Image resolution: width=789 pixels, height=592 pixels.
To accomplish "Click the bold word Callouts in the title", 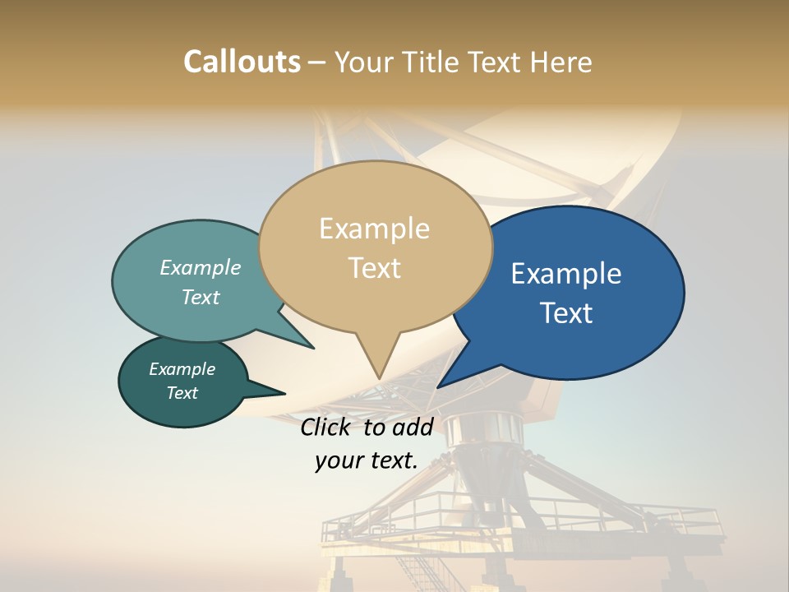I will click(242, 62).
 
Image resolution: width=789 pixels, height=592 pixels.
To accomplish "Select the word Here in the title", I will click(561, 62).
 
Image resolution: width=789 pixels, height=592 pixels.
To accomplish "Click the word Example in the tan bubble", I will click(374, 229).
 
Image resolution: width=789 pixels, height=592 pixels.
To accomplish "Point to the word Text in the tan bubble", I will click(374, 268).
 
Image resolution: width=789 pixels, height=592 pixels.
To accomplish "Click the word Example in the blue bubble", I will click(566, 274).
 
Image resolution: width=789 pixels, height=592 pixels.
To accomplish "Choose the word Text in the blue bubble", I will click(566, 313).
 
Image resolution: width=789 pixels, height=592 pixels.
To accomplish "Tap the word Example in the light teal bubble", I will click(201, 268).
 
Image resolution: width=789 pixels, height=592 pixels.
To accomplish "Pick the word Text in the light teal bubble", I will click(201, 297).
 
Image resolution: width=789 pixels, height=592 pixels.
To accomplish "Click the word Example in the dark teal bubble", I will click(182, 369).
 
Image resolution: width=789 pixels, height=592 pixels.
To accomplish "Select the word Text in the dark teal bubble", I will click(182, 393).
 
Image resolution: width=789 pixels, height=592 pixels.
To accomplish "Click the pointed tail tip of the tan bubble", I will click(379, 379).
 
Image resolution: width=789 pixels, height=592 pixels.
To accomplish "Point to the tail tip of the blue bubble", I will click(437, 387).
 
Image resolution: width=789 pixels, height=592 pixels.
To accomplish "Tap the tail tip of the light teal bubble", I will click(314, 349).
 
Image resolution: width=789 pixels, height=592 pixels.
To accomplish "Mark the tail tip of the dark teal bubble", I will click(285, 394).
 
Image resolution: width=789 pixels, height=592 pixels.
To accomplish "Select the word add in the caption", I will click(413, 427).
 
